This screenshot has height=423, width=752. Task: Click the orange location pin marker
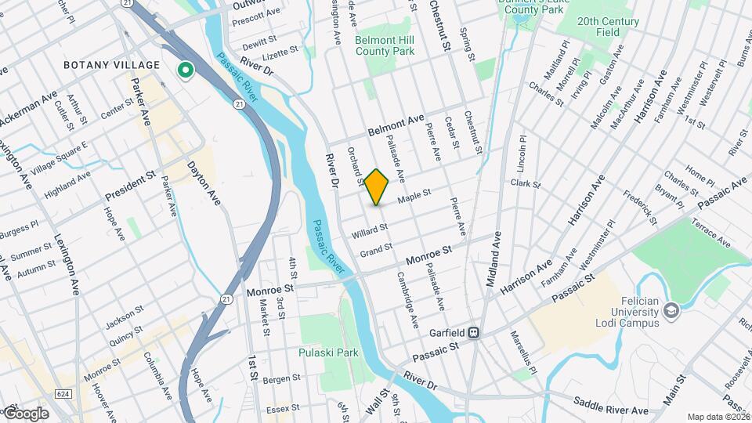377,186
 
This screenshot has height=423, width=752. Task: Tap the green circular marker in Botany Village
186,71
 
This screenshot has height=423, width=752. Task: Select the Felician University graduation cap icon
671,311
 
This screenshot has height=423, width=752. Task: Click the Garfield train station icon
474,332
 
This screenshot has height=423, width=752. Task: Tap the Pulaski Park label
328,352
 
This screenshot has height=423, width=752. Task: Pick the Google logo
25,413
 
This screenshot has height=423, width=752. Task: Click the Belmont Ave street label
396,125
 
